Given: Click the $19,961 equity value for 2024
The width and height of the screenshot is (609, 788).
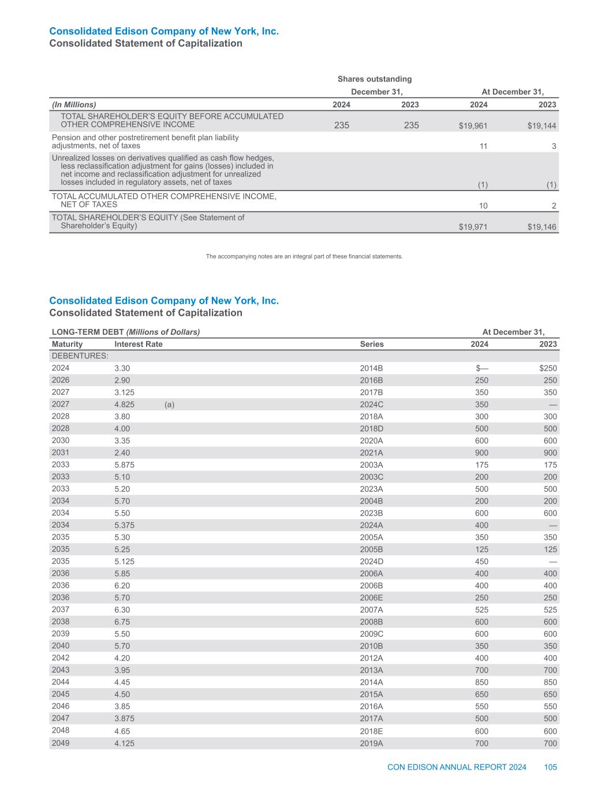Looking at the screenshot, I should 473,126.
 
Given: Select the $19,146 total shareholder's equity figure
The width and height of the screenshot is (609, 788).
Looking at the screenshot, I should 542,227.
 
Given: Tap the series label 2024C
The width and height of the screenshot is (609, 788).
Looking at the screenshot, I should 371,405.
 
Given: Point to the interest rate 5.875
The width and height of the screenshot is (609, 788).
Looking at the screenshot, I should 125,465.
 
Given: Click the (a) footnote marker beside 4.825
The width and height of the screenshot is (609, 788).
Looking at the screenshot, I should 169,405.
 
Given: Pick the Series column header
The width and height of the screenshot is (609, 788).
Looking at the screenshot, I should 372,344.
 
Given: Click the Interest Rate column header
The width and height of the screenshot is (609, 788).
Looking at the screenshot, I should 139,344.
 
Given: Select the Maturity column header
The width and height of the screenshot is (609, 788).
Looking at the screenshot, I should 67,344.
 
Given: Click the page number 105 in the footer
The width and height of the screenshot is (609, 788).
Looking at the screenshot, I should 550,767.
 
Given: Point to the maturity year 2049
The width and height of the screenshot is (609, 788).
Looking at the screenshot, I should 61,743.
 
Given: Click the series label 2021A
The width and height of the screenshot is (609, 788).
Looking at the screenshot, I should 371,453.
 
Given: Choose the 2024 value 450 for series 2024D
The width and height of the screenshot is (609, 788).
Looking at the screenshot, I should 480,562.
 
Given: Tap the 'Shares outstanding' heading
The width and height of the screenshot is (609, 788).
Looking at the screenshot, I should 375,79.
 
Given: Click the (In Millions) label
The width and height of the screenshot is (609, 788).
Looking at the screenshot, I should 74,104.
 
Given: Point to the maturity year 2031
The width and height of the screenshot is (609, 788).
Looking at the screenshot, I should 61,453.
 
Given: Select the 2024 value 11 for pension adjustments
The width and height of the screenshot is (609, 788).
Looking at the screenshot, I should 484,147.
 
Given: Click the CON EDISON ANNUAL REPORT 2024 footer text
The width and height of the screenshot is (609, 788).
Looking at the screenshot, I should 457,767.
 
